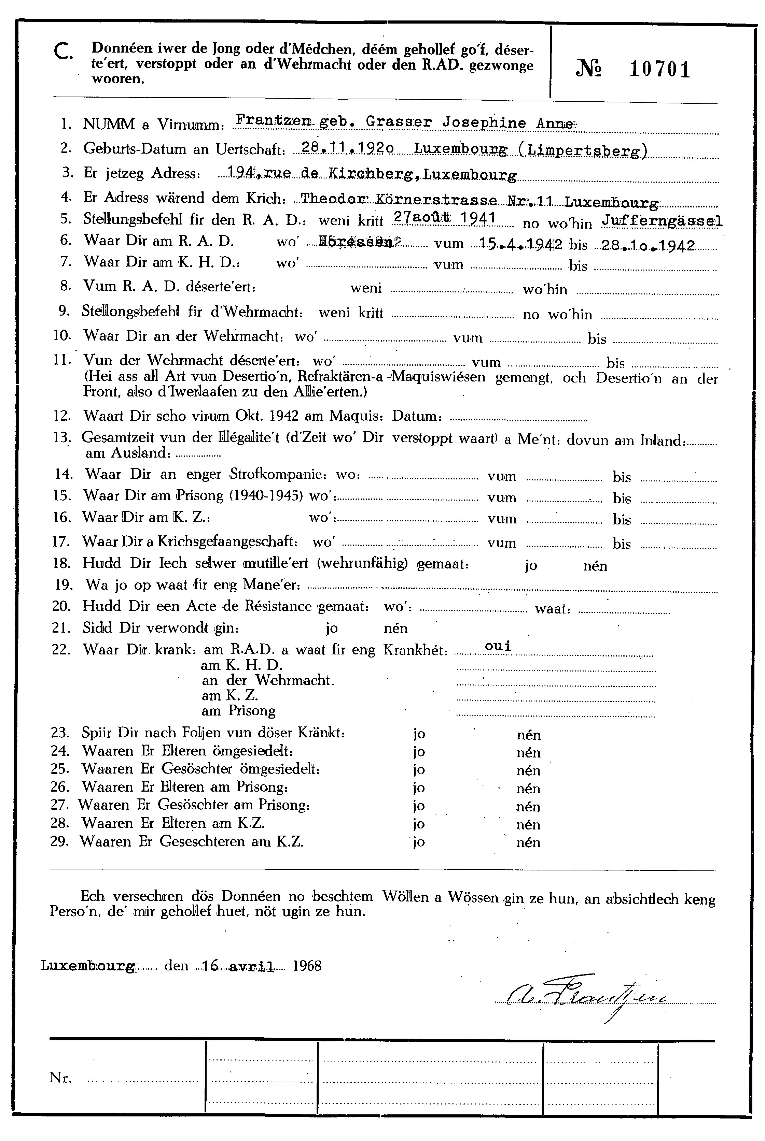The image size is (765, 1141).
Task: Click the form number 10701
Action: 659,69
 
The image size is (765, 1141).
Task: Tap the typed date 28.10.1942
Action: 647,245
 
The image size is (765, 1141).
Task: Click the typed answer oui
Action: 498,646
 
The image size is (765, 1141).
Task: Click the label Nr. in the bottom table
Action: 60,1078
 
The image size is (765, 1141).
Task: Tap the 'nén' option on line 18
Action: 595,566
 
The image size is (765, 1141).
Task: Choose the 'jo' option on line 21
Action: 332,628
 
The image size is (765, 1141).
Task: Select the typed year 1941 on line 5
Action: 478,218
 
